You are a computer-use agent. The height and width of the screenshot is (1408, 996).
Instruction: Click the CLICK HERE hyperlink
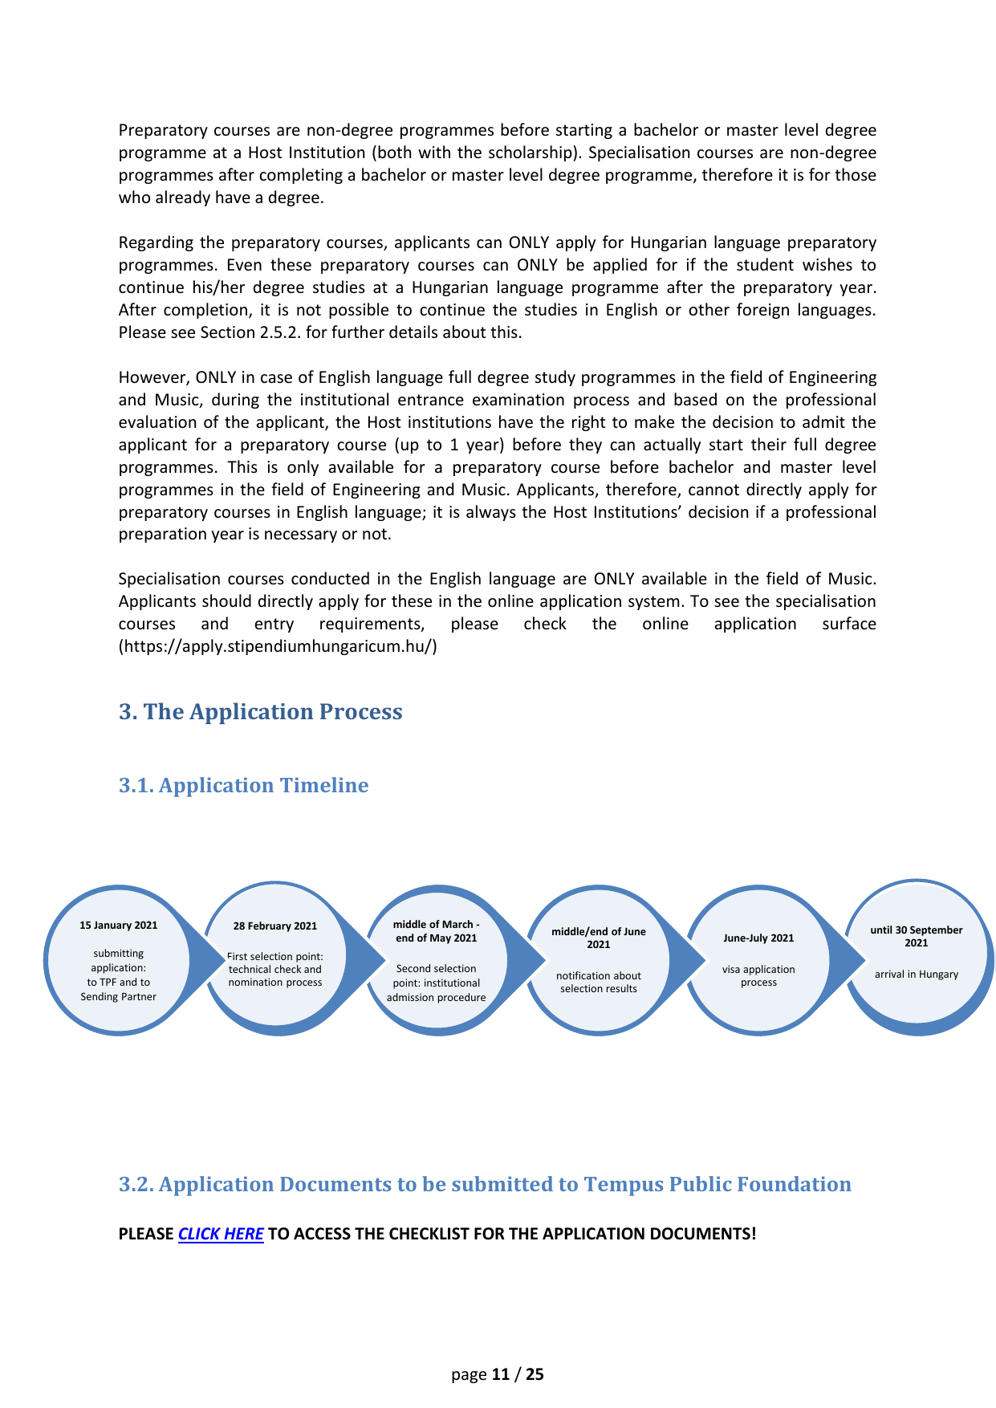tap(220, 1234)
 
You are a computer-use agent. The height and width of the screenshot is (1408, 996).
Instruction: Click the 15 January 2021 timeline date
tap(118, 926)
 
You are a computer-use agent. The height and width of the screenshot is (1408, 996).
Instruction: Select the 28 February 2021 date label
tap(275, 926)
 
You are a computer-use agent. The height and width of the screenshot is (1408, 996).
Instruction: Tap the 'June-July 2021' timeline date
tap(758, 938)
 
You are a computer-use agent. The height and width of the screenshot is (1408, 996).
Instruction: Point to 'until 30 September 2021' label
tap(917, 936)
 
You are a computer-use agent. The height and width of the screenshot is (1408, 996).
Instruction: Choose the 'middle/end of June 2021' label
tap(599, 938)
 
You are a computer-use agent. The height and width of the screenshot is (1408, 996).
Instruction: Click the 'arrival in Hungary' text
tap(917, 975)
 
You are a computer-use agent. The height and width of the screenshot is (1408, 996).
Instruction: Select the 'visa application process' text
tap(758, 976)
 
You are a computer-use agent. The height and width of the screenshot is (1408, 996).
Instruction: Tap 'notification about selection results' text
tap(599, 983)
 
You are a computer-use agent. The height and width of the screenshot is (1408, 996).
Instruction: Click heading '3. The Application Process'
tap(261, 712)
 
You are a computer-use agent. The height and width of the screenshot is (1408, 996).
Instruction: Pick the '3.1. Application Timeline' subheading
tap(244, 785)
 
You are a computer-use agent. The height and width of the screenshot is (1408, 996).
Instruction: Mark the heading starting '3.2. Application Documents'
tap(485, 1184)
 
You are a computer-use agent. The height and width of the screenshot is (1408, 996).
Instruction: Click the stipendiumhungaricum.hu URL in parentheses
tap(278, 646)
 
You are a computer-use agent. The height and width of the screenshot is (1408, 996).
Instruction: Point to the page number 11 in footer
tap(501, 1374)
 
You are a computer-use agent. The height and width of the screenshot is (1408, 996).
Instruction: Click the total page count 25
tap(535, 1374)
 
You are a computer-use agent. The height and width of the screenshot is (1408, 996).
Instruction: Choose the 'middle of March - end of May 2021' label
tap(437, 931)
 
